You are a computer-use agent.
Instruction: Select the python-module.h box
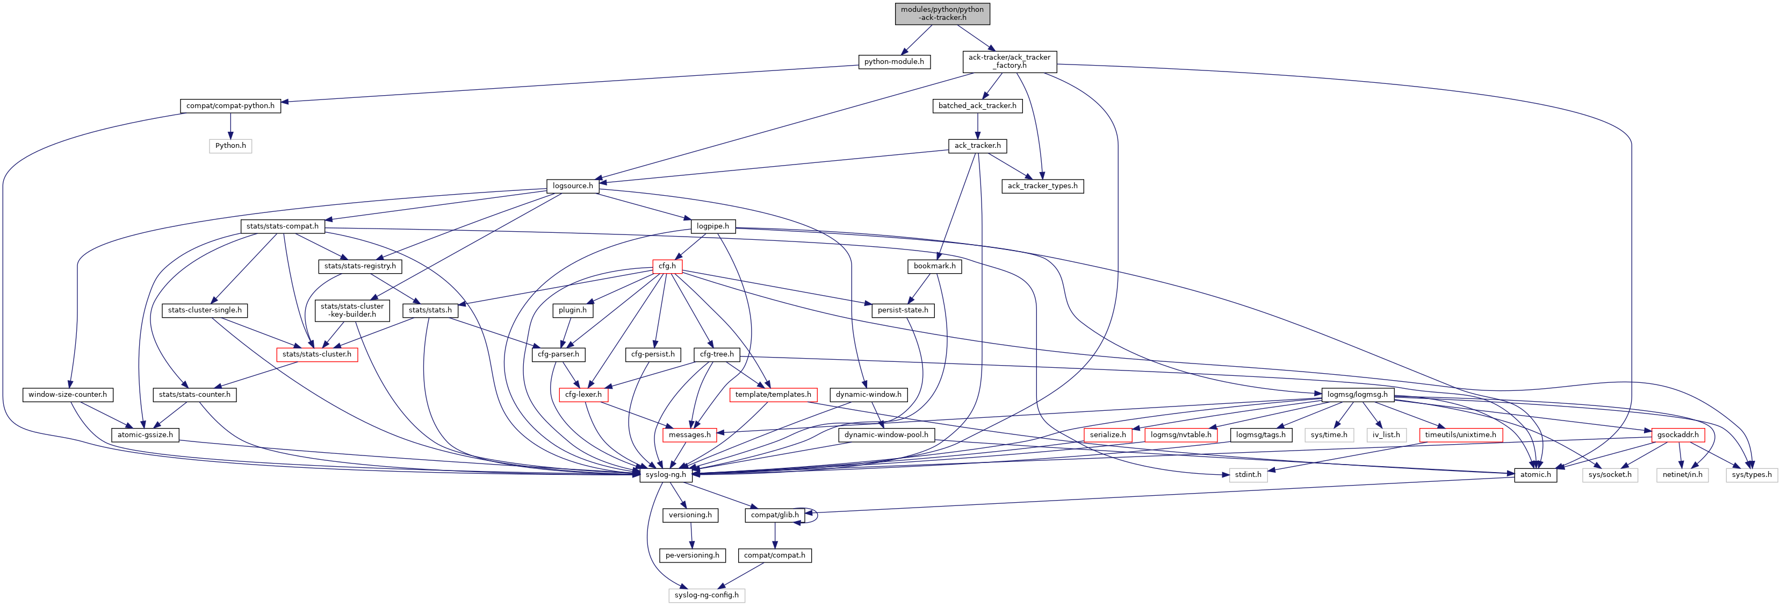[893, 62]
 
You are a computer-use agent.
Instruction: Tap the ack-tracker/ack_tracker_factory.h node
[1009, 62]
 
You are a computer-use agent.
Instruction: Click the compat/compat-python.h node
[230, 106]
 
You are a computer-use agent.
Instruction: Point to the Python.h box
[230, 146]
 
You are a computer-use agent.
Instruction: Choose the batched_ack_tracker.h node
[977, 106]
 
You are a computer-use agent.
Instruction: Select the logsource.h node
[573, 186]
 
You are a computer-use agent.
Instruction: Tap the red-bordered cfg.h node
[667, 266]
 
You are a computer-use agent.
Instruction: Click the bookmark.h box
[934, 266]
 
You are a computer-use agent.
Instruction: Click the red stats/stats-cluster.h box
[316, 355]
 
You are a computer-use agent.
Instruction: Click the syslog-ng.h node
[665, 475]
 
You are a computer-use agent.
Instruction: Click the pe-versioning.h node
[692, 555]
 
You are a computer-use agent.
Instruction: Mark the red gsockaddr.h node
[1677, 435]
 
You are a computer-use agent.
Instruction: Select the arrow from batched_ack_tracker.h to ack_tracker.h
[977, 126]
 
